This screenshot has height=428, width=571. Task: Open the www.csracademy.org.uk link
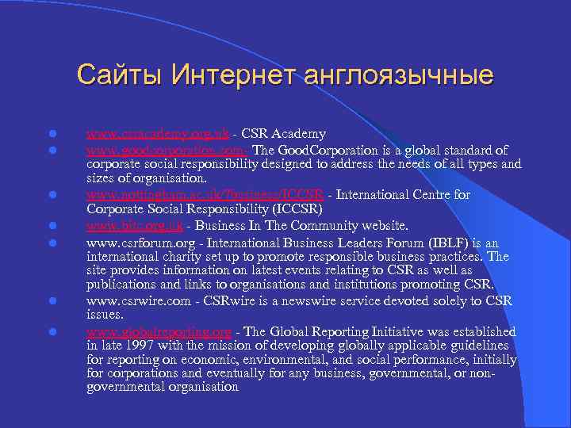click(x=156, y=135)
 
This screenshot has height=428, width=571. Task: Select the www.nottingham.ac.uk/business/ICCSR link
click(x=205, y=195)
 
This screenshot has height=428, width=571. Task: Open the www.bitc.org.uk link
click(x=135, y=225)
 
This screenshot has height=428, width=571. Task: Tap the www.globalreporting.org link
click(x=159, y=331)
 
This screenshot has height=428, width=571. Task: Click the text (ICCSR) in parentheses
click(x=293, y=210)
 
